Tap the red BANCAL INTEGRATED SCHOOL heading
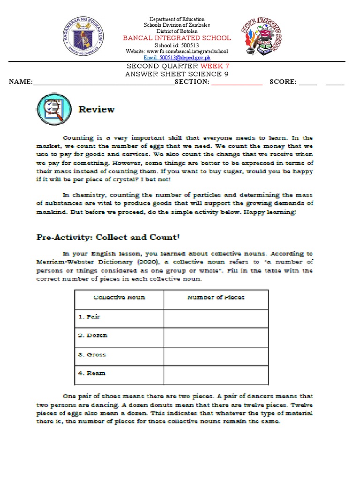177,38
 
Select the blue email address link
176,58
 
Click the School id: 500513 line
177,45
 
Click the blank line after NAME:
103,82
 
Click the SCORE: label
283,82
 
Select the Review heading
97,110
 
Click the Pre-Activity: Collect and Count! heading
108,237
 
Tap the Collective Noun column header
119,298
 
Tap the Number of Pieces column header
216,298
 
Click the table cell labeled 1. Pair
119,317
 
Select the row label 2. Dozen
119,336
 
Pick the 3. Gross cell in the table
119,355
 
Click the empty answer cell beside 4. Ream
216,374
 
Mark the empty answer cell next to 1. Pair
216,317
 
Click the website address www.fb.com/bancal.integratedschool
177,51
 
